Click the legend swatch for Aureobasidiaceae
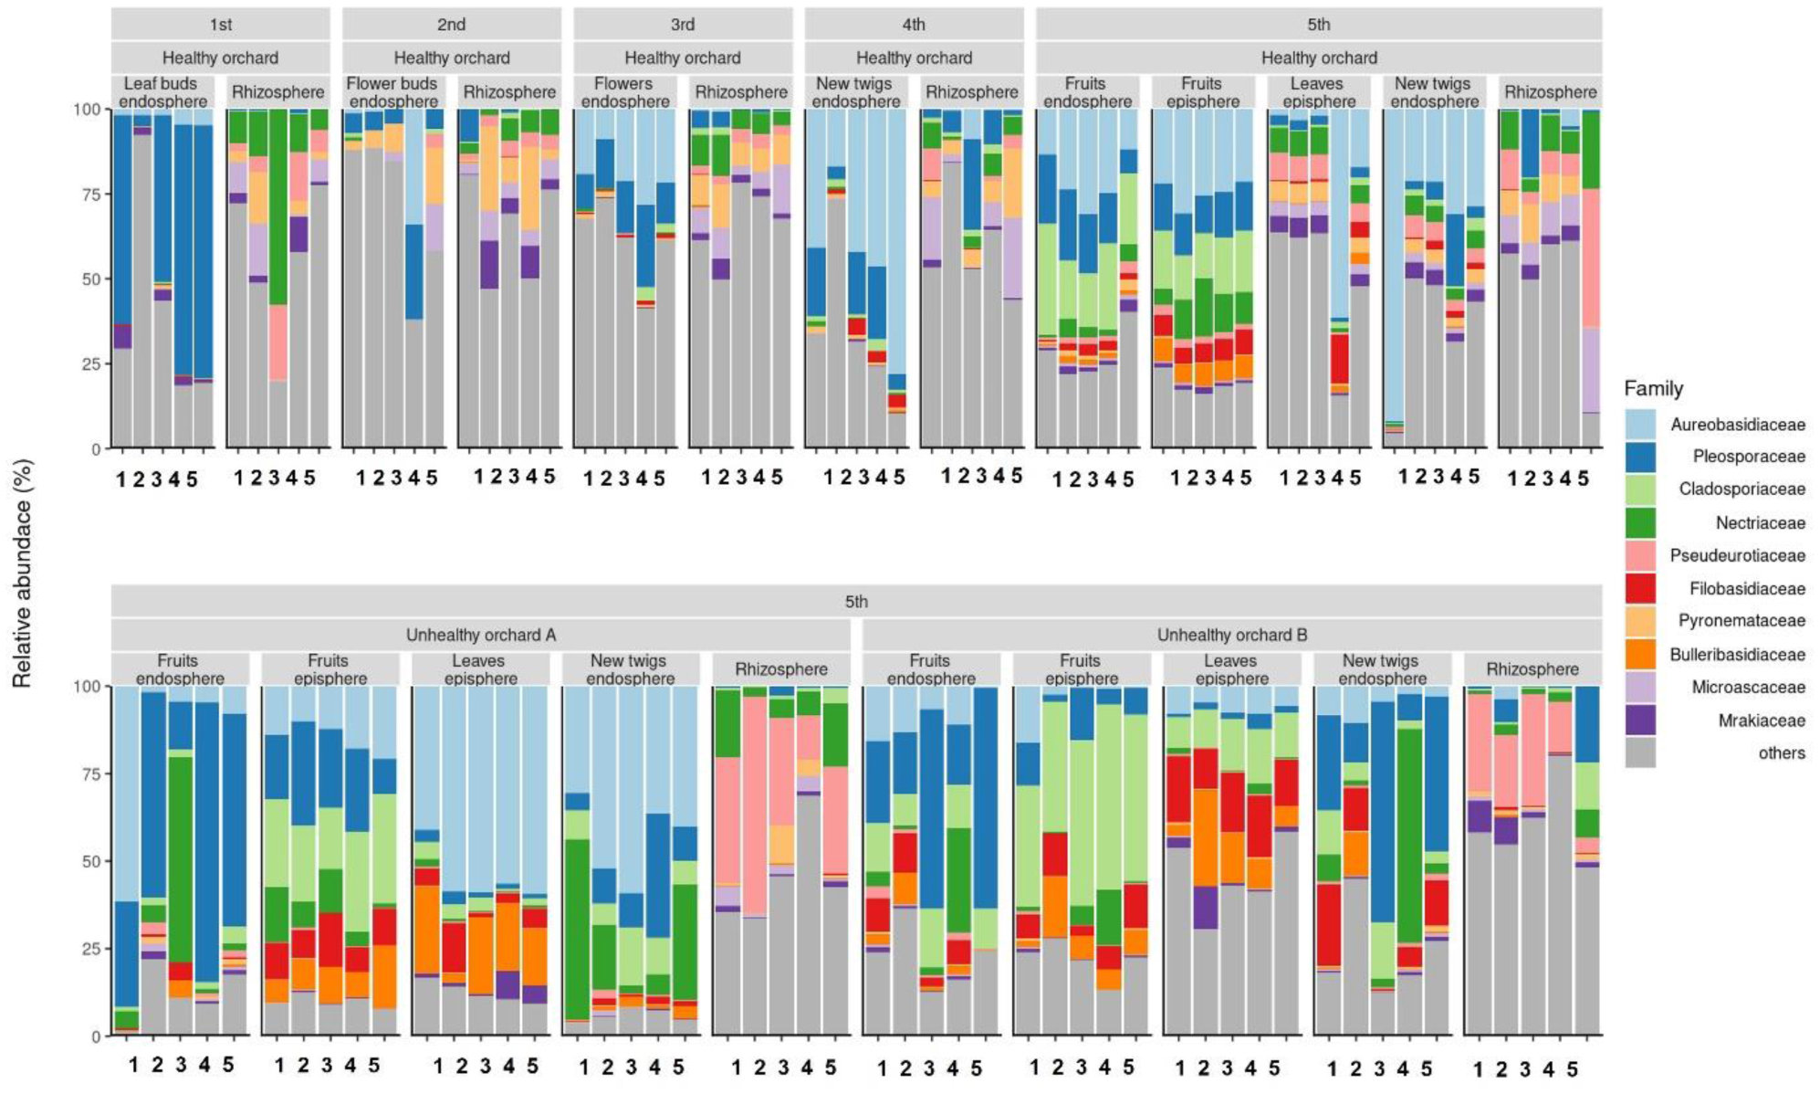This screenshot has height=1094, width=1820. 1640,424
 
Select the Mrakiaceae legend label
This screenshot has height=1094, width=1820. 1761,721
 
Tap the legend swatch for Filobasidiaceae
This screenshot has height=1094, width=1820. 1640,589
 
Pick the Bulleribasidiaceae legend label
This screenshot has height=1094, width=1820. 1737,655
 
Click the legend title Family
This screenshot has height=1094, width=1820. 1653,389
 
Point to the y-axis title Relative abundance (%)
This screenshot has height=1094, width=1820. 23,573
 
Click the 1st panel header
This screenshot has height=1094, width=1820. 220,24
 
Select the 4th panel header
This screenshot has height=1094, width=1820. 913,24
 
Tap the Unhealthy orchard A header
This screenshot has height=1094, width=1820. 480,635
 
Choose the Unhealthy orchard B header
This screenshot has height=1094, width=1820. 1231,635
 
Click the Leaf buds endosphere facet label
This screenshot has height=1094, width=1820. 162,92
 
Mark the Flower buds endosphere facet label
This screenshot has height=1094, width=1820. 393,92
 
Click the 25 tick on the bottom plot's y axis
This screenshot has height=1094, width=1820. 91,949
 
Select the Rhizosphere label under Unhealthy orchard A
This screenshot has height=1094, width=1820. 780,669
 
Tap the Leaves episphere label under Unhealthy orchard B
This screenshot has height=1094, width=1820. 1230,669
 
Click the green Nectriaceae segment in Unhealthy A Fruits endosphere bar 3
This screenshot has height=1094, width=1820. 181,858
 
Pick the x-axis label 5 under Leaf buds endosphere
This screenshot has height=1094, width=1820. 192,479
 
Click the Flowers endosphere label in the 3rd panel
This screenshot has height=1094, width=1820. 624,92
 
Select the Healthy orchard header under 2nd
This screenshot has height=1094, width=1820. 451,58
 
